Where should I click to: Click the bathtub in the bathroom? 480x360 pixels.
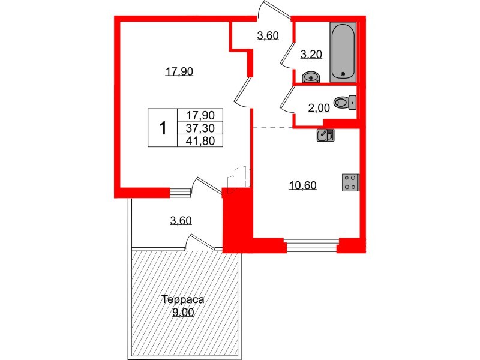pos(343,52)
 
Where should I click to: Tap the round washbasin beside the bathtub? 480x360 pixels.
pos(311,77)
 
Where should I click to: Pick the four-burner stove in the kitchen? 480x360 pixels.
pos(350,182)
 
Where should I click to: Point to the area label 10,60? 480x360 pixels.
pos(302,185)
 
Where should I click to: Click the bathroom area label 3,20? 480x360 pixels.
pos(311,55)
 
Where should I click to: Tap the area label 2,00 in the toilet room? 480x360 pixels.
pos(318,108)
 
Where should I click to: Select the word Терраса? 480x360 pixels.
pos(184,299)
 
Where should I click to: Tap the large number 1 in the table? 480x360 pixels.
pos(163,128)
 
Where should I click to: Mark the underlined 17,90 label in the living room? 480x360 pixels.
pos(178,71)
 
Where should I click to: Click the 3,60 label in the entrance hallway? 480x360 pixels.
pos(268,36)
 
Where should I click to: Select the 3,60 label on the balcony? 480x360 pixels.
pos(181,220)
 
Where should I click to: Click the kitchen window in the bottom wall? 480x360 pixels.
pos(311,244)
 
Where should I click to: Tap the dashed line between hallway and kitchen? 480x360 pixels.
pos(271,127)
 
